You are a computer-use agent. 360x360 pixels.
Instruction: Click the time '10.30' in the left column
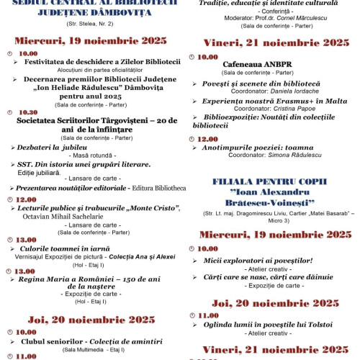[29, 112]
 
